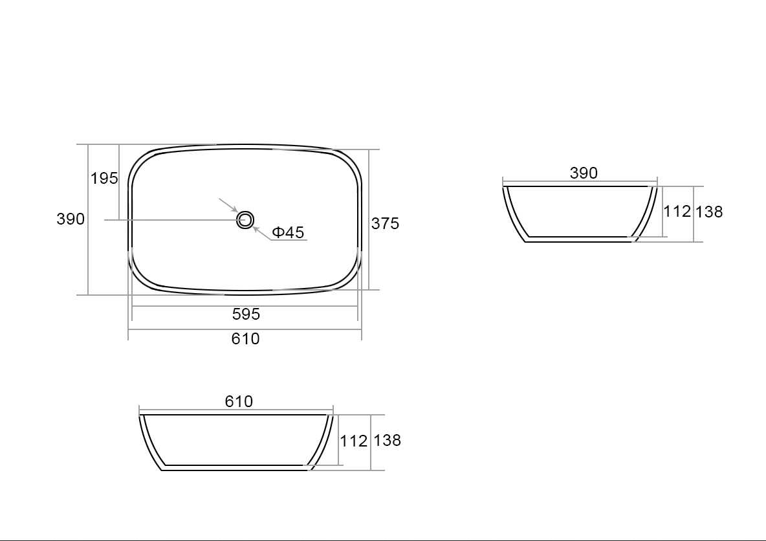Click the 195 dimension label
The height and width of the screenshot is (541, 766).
104,179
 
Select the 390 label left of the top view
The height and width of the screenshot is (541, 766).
71,219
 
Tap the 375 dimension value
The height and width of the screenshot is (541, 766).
385,223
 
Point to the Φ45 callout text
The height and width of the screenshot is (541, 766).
288,232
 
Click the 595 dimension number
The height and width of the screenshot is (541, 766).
246,314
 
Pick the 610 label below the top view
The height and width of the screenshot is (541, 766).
245,338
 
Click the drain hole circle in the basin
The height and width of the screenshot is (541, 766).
245,220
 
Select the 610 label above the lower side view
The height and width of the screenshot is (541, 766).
239,401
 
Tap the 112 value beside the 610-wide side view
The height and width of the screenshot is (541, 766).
353,441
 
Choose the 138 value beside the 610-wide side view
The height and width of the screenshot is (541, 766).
387,440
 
